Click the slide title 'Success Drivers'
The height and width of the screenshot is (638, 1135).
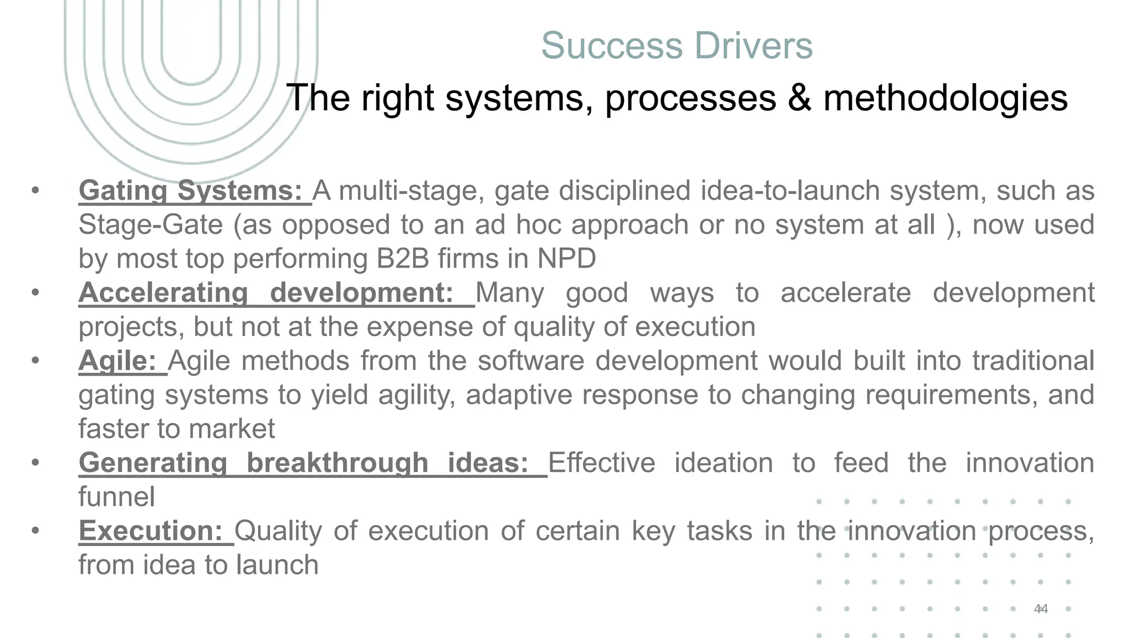tap(677, 45)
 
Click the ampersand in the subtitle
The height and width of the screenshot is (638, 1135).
tap(798, 98)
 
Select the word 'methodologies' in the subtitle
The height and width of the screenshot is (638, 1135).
tap(945, 98)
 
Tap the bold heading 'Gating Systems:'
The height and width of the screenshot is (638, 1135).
tap(190, 191)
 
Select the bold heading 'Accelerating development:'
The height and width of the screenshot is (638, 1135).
tap(266, 293)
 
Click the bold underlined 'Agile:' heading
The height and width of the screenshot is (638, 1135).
tap(117, 361)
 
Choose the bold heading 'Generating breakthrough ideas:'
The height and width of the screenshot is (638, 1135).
tap(303, 463)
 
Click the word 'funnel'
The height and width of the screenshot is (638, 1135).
tap(116, 497)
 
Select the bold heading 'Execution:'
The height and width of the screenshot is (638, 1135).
tap(150, 531)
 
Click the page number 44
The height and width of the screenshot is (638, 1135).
tap(1041, 609)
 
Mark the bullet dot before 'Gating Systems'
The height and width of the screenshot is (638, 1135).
tap(35, 191)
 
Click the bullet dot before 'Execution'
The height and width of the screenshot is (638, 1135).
tap(35, 531)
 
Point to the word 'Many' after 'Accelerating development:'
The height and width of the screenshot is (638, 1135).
tap(509, 293)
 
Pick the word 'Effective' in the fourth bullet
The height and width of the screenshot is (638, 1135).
tap(601, 463)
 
